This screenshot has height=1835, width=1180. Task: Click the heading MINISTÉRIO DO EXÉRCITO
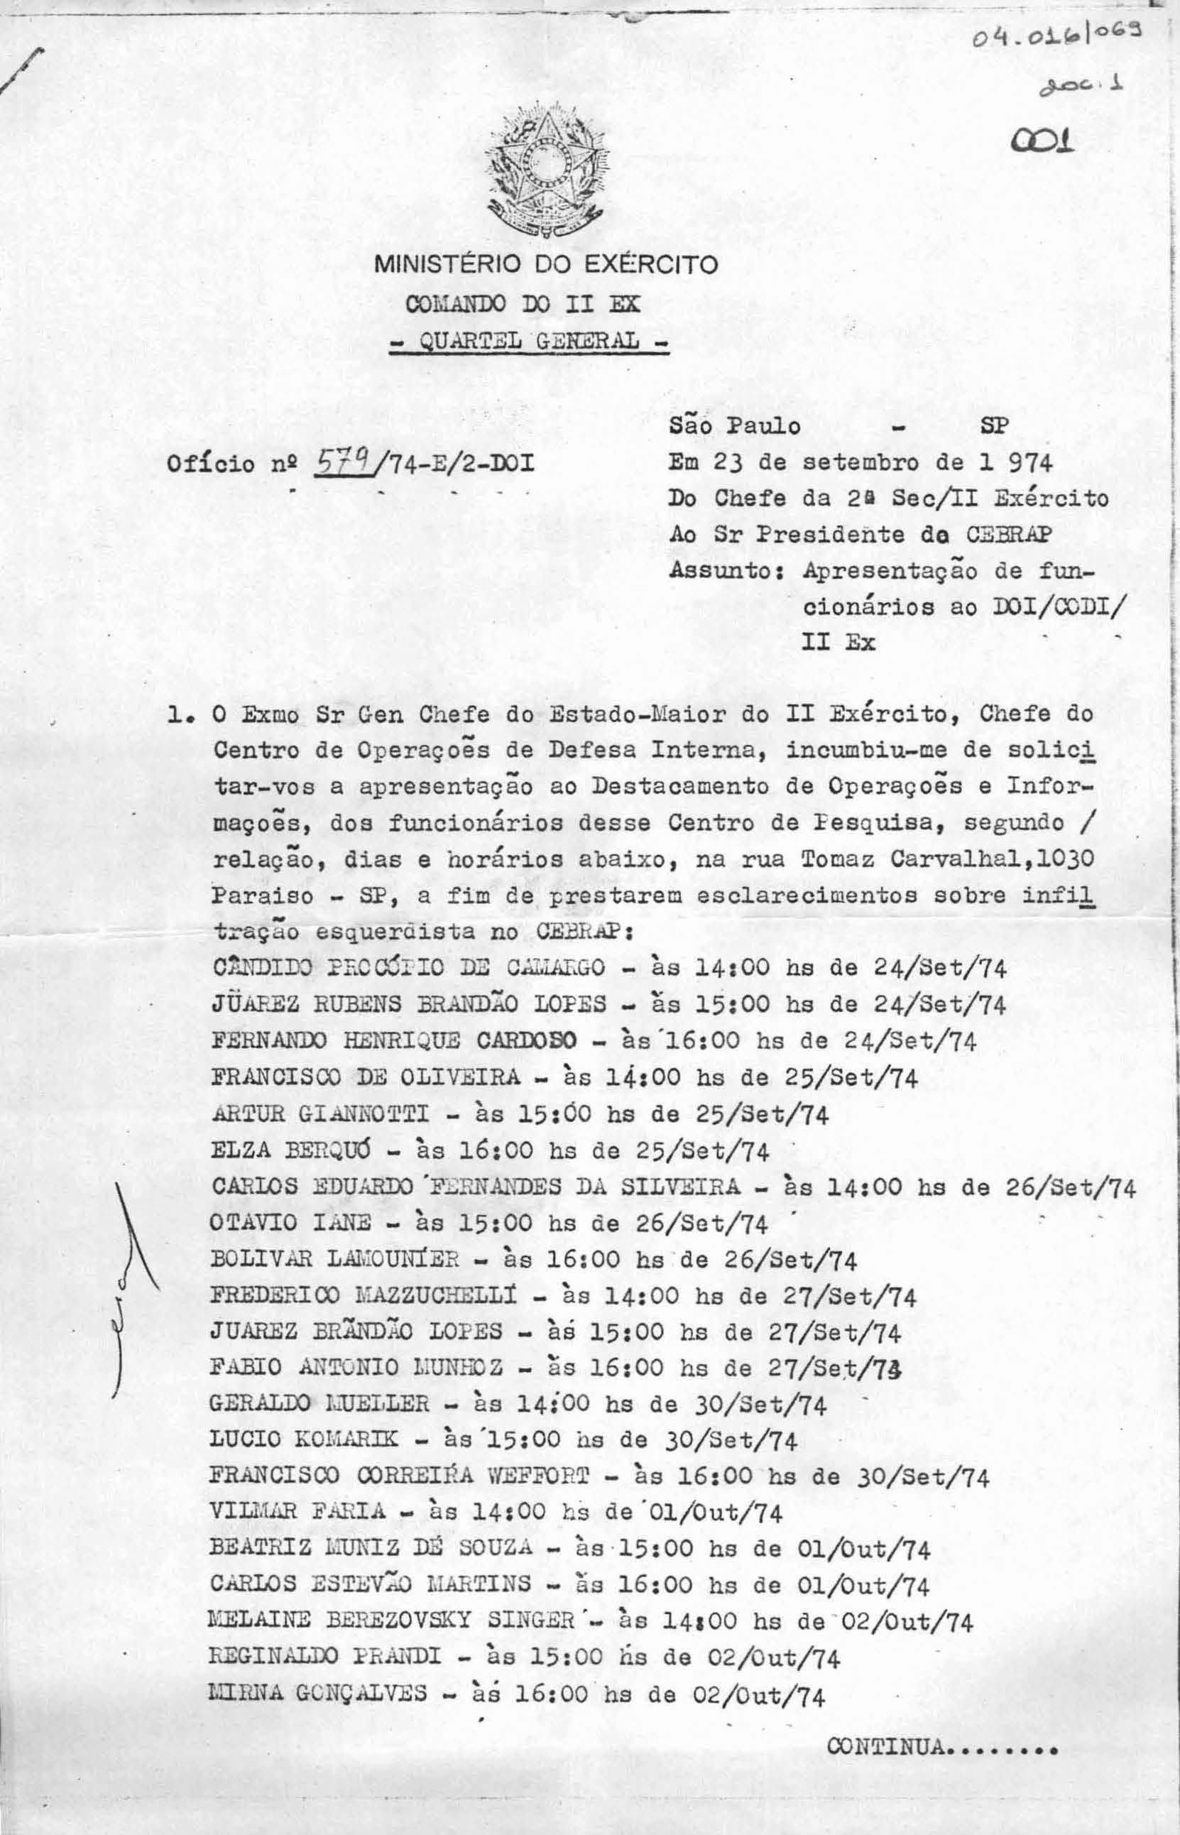click(x=545, y=265)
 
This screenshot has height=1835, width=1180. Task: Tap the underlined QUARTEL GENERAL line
click(x=529, y=339)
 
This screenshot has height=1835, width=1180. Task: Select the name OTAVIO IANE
click(x=290, y=1224)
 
